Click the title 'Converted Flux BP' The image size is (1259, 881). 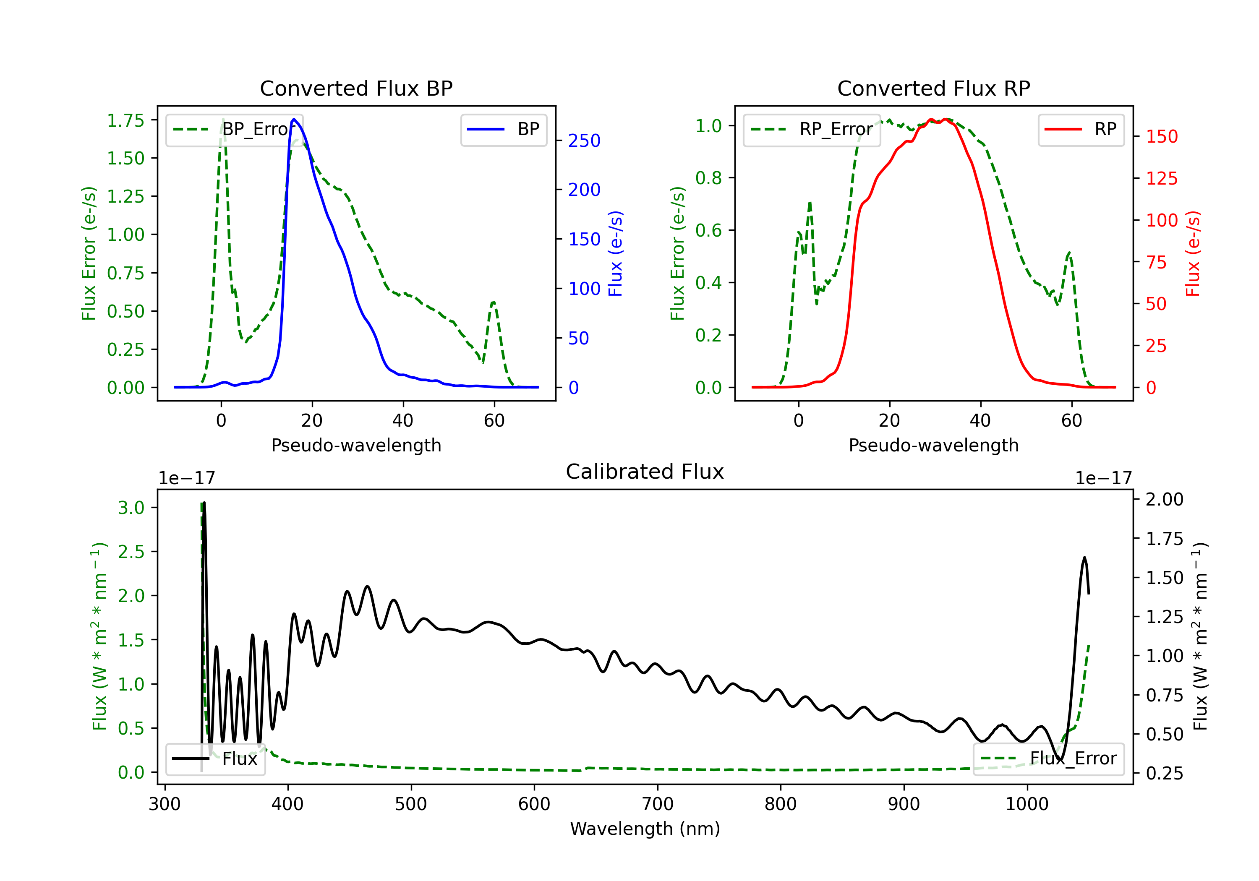point(356,88)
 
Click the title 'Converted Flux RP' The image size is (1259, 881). point(933,88)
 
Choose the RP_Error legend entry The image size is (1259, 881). point(812,129)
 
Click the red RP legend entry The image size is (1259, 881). point(1081,129)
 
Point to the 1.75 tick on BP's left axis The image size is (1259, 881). point(125,120)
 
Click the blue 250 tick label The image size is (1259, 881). point(584,141)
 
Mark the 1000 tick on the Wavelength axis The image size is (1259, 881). point(1027,804)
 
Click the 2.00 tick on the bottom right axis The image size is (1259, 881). point(1165,499)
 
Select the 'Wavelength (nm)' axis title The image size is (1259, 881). point(645,829)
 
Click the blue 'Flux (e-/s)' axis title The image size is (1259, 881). point(615,253)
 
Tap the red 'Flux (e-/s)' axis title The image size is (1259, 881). point(1193,253)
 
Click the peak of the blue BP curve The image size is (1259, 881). point(294,119)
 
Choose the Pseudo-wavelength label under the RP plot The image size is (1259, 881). point(933,445)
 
